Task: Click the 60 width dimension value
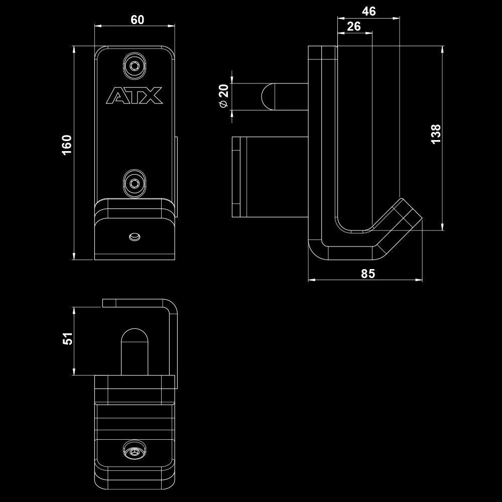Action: pyautogui.click(x=137, y=20)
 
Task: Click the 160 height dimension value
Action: pyautogui.click(x=67, y=145)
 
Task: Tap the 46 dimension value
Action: pyautogui.click(x=369, y=12)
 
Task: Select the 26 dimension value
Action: pyautogui.click(x=354, y=26)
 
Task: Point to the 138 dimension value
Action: pyautogui.click(x=436, y=134)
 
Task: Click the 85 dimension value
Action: pyautogui.click(x=368, y=273)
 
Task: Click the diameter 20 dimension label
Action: pyautogui.click(x=224, y=95)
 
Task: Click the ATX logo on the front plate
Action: pyautogui.click(x=135, y=96)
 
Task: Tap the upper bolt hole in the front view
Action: pyautogui.click(x=135, y=66)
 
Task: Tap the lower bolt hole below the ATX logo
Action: pyautogui.click(x=134, y=183)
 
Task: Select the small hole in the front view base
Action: pyautogui.click(x=134, y=236)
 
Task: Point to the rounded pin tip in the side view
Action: pyautogui.click(x=268, y=96)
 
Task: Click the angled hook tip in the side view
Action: pyautogui.click(x=409, y=213)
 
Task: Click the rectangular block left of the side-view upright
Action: pyautogui.click(x=269, y=177)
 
